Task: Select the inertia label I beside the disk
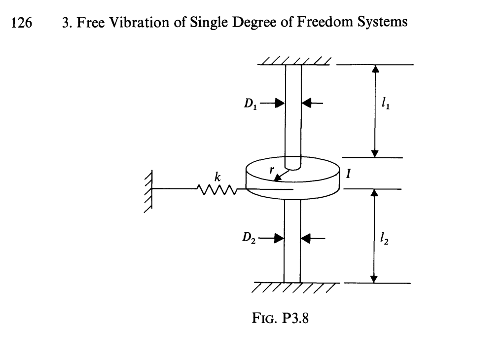tap(349, 174)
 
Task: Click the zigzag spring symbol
tap(216, 188)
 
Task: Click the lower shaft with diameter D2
tap(292, 242)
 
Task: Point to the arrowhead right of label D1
tap(280, 104)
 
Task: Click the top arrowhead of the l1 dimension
tap(375, 69)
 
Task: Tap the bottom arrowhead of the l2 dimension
tap(375, 279)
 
